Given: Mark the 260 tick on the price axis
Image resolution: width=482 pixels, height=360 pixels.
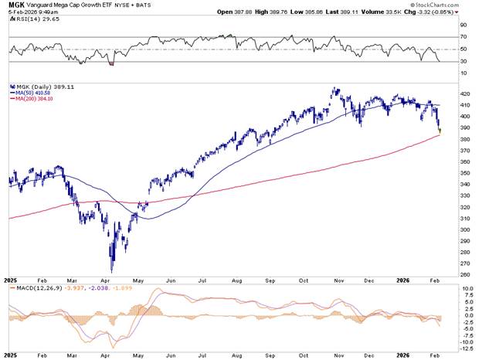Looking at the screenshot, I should point(464,273).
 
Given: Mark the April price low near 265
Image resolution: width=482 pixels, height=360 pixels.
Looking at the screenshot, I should point(112,270).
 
